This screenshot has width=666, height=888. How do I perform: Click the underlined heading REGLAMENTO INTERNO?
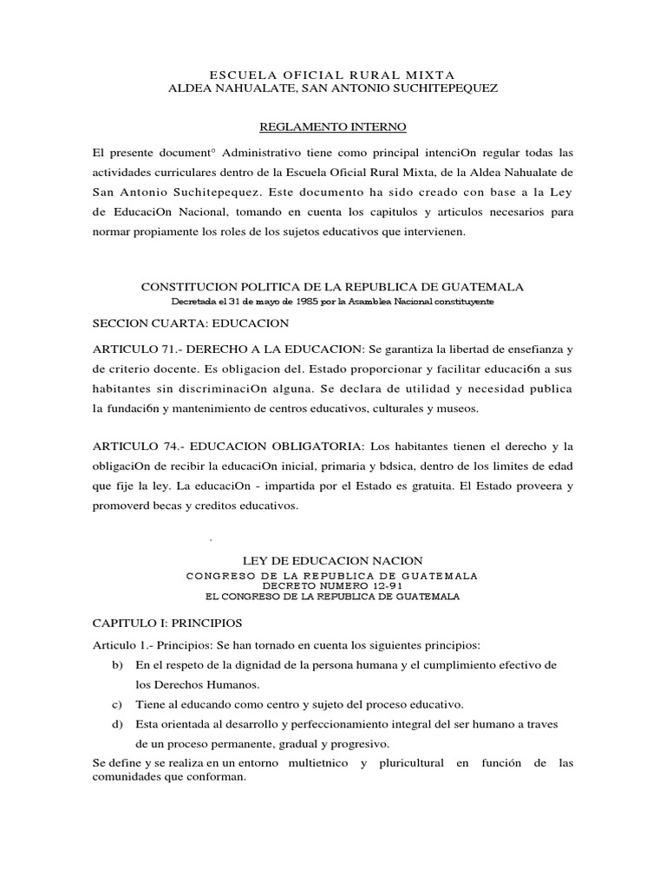pos(333,127)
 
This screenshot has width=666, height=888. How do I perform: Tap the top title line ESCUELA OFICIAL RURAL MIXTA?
pos(333,75)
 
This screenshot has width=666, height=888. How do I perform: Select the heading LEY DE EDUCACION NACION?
pos(333,562)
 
